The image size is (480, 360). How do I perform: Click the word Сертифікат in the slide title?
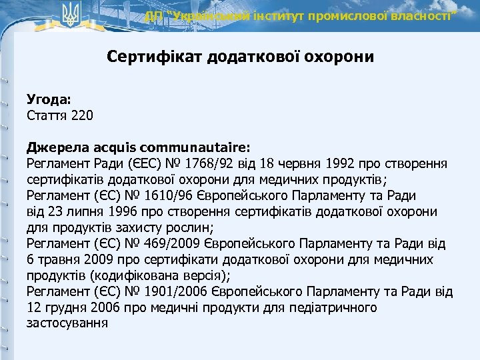(x=146, y=57)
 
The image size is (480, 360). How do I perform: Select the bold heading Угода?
(x=49, y=99)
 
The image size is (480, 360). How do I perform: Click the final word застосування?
(x=67, y=323)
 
